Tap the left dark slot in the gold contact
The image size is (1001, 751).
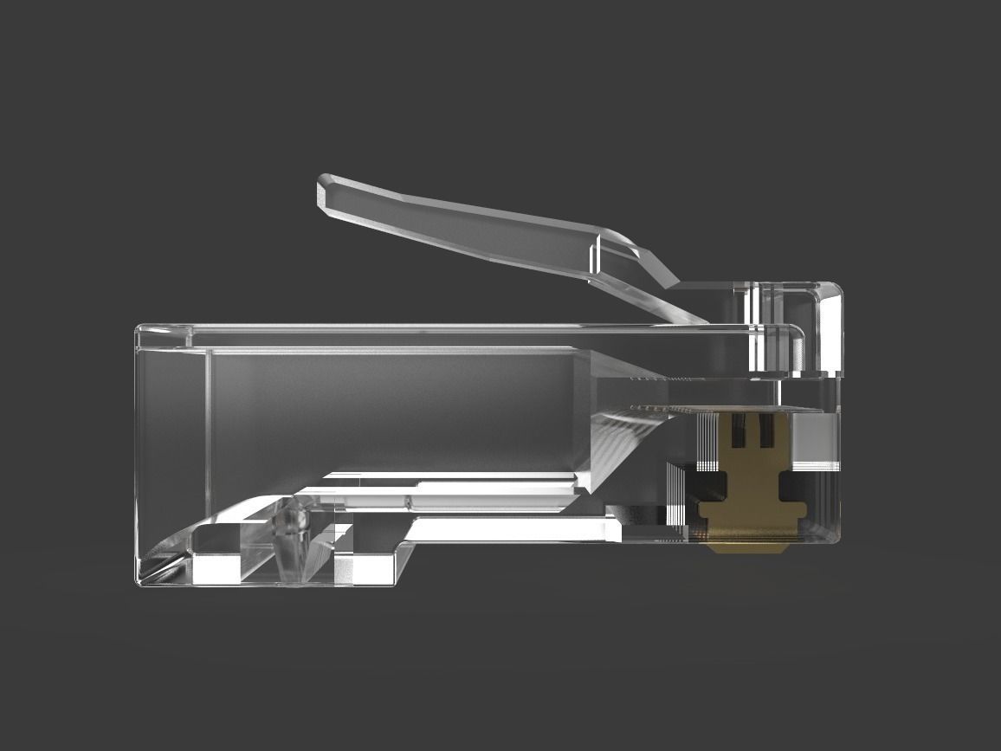[739, 431]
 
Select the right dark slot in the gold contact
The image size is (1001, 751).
[765, 431]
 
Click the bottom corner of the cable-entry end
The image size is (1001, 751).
[140, 582]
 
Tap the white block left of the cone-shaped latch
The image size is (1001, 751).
[215, 568]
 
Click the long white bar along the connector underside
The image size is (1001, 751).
[511, 528]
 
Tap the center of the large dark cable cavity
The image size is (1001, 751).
[390, 407]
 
